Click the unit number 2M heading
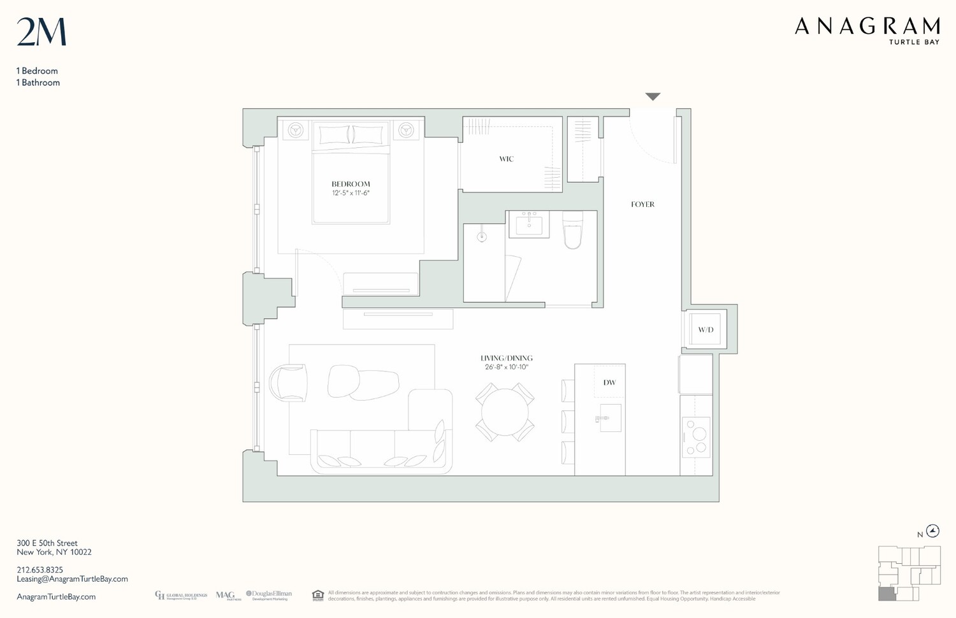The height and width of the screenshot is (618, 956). pyautogui.click(x=41, y=32)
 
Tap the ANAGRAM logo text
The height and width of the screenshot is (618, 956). pyautogui.click(x=867, y=27)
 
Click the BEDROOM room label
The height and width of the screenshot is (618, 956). pyautogui.click(x=351, y=184)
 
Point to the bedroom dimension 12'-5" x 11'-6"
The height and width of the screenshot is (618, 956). pyautogui.click(x=351, y=193)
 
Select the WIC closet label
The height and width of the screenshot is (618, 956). pyautogui.click(x=506, y=159)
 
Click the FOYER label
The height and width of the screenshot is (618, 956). pyautogui.click(x=642, y=205)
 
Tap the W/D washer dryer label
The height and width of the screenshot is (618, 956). pyautogui.click(x=706, y=330)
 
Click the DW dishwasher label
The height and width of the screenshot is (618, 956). pyautogui.click(x=609, y=383)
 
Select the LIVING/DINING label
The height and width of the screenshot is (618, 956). pyautogui.click(x=506, y=358)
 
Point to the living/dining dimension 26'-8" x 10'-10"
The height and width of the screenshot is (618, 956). pyautogui.click(x=506, y=368)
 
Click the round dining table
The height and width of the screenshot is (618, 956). pyautogui.click(x=504, y=412)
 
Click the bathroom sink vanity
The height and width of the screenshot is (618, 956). pyautogui.click(x=529, y=224)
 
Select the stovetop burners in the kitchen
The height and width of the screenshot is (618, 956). pyautogui.click(x=696, y=437)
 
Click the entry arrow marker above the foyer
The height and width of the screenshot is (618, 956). pyautogui.click(x=653, y=97)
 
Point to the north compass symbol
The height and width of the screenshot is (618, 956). pyautogui.click(x=932, y=531)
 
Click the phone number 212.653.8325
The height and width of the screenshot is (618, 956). pyautogui.click(x=40, y=570)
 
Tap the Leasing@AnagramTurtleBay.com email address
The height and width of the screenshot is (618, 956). pyautogui.click(x=72, y=579)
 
